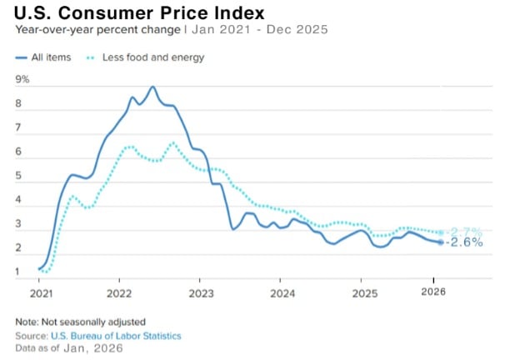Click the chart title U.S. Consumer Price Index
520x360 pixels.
pyautogui.click(x=140, y=13)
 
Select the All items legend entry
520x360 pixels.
pyautogui.click(x=43, y=57)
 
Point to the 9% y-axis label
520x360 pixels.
pyautogui.click(x=22, y=80)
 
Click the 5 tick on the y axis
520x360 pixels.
pyautogui.click(x=18, y=177)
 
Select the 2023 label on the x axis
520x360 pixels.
pyautogui.click(x=202, y=293)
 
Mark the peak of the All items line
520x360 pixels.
pyautogui.click(x=152, y=87)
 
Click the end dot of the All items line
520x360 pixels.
pyautogui.click(x=441, y=242)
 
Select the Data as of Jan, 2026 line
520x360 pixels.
pyautogui.click(x=69, y=348)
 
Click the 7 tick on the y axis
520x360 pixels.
pyautogui.click(x=18, y=128)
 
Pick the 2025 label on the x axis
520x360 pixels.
pyautogui.click(x=364, y=293)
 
